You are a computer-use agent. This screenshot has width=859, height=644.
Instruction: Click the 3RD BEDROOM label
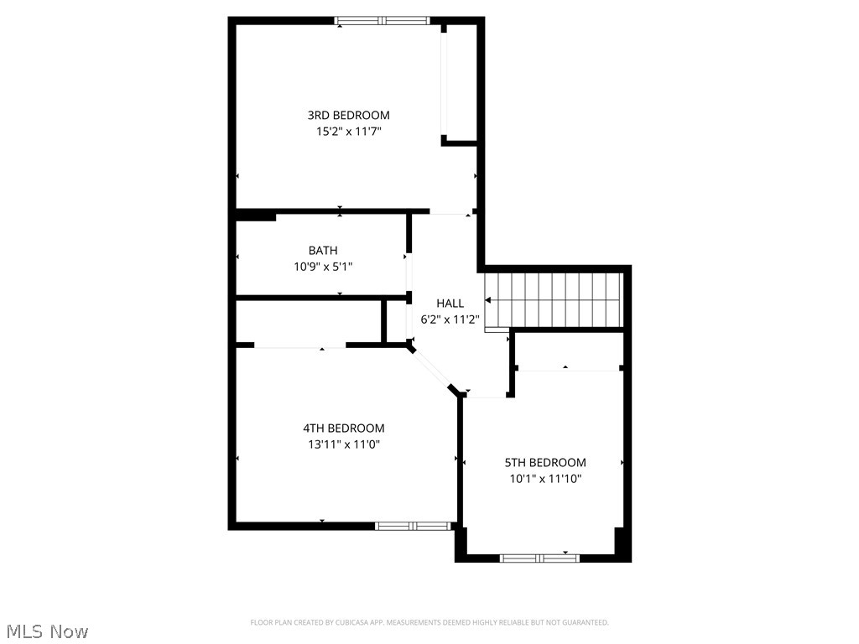coord(348,115)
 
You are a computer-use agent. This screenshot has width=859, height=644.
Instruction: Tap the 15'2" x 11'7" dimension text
coord(348,132)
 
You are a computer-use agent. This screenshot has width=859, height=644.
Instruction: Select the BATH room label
coord(323,250)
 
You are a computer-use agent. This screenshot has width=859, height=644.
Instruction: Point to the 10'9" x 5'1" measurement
coord(323,267)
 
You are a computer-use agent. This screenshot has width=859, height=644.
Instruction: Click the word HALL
coord(450,303)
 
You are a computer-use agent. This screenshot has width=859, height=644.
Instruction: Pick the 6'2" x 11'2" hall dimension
coord(450,319)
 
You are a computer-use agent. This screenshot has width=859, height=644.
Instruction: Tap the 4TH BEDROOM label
coord(344,428)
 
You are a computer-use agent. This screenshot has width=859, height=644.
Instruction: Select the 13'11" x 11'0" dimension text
coord(344,445)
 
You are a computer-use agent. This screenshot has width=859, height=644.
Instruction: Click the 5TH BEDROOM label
coord(545,462)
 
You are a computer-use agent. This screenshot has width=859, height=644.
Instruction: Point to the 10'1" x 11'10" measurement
coord(545,479)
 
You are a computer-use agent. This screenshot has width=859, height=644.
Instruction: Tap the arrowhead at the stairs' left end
coord(488,299)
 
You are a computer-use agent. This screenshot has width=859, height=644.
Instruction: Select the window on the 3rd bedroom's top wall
coord(383,21)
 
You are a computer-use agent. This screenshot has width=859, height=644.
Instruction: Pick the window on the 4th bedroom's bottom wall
coord(413,526)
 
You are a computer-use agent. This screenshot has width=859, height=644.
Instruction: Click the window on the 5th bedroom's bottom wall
coord(539,558)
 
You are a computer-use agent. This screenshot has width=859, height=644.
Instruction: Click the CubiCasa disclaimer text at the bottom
coord(429,622)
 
